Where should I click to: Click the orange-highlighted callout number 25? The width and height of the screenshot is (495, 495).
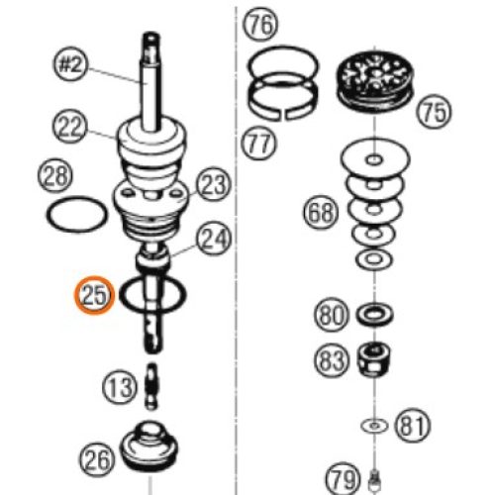(x=94, y=295)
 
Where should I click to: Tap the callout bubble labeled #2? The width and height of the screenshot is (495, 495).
(x=70, y=64)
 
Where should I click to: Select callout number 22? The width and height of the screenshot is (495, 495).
(x=69, y=127)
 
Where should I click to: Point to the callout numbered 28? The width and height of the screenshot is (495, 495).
(x=55, y=175)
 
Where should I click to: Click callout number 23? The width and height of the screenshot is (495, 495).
(x=214, y=184)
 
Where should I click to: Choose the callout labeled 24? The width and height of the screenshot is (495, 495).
(x=214, y=239)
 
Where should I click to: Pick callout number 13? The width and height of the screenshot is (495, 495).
(x=119, y=386)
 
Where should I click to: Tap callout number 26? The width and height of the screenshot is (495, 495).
(x=97, y=459)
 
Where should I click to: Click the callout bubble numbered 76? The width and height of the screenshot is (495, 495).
(x=260, y=25)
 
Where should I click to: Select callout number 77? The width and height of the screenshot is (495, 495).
(x=258, y=143)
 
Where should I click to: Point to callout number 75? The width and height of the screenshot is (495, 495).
(x=435, y=112)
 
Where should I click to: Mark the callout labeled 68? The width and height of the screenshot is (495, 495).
(x=321, y=212)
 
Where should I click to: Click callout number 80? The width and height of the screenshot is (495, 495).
(x=331, y=315)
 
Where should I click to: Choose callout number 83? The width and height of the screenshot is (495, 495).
(x=331, y=359)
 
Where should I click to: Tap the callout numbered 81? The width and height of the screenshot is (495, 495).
(x=413, y=426)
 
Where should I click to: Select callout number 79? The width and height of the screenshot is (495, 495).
(x=343, y=478)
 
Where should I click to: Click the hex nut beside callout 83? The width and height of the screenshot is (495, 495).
(x=373, y=358)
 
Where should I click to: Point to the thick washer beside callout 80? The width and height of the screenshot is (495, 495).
(x=374, y=314)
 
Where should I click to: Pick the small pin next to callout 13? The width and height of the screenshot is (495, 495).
(x=151, y=386)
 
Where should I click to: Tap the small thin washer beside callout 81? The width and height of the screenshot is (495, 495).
(x=374, y=426)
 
